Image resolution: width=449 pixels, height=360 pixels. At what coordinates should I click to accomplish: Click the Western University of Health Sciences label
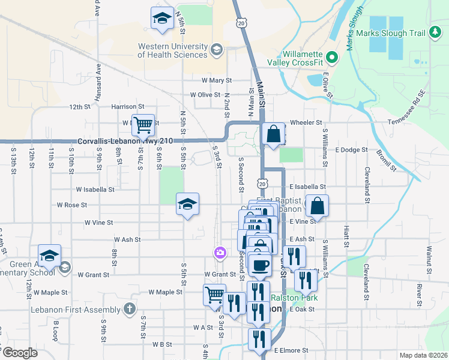173,50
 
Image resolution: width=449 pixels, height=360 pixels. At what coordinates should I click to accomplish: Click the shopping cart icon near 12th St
143,125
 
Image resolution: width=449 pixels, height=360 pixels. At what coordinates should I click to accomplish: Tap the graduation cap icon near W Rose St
187,204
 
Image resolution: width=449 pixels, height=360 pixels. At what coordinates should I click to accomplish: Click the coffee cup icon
260,265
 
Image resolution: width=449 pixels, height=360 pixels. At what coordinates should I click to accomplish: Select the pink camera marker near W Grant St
220,253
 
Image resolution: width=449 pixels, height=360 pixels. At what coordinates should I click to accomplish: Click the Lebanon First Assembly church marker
128,309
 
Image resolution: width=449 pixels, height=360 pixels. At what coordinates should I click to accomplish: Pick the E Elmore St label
291,350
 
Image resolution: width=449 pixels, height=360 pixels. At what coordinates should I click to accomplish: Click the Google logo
20,353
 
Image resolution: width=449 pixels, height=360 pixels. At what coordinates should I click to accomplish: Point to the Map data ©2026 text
423,355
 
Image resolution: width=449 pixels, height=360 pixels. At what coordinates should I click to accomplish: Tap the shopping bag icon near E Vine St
317,206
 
